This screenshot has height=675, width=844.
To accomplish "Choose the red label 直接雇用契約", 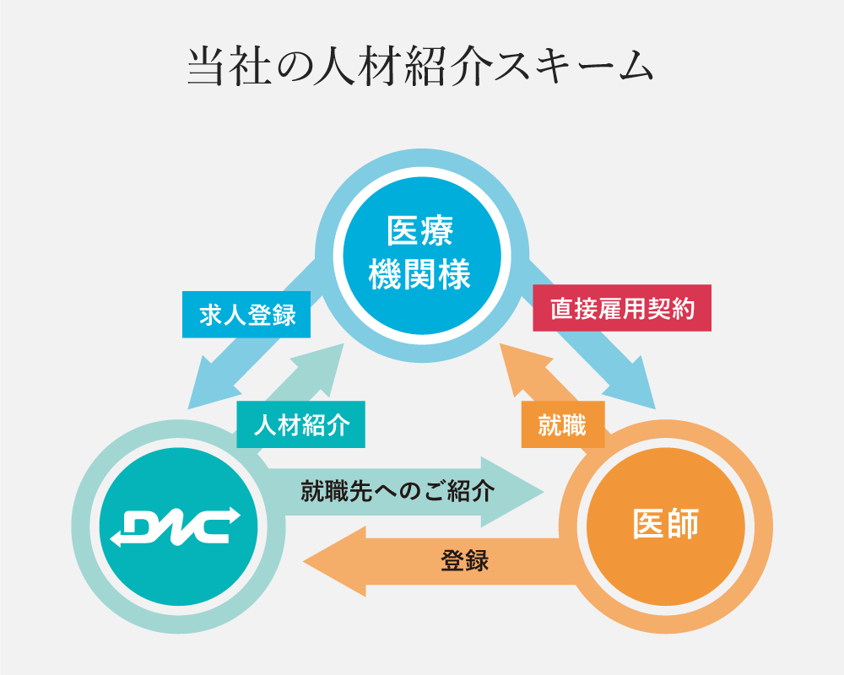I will coord(622,309).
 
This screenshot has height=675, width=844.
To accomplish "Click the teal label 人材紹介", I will coord(300,424).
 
